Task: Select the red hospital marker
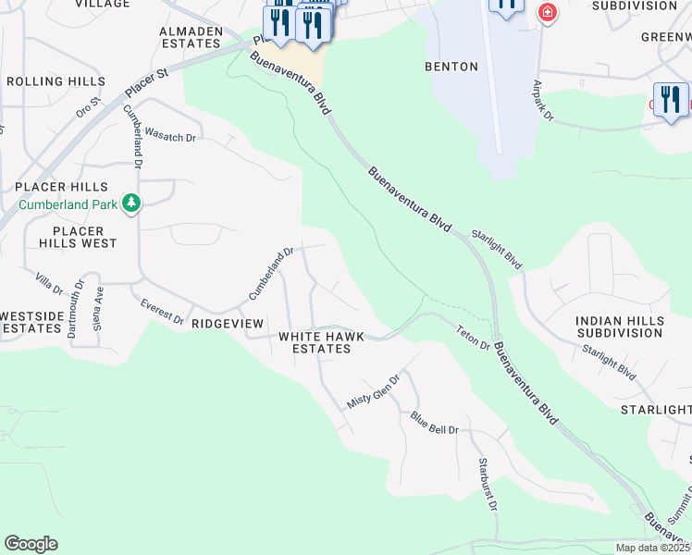click(547, 14)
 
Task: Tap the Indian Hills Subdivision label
click(619, 327)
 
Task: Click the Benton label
click(451, 67)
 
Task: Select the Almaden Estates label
click(192, 37)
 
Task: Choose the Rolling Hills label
click(56, 81)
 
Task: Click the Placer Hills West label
click(84, 237)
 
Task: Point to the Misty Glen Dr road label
click(373, 392)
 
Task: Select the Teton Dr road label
click(472, 337)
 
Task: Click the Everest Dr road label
click(162, 312)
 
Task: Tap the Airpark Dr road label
click(542, 102)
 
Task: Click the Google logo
click(31, 544)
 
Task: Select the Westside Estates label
click(31, 322)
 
